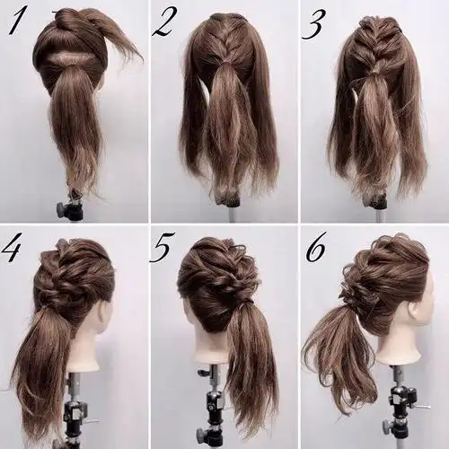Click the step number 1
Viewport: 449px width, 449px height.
pos(16,22)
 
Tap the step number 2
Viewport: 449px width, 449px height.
pos(163,23)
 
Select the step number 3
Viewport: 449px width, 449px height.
pos(313,25)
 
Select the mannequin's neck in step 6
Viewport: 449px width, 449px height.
pos(398,348)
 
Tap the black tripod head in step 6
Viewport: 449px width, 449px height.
pos(401,398)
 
